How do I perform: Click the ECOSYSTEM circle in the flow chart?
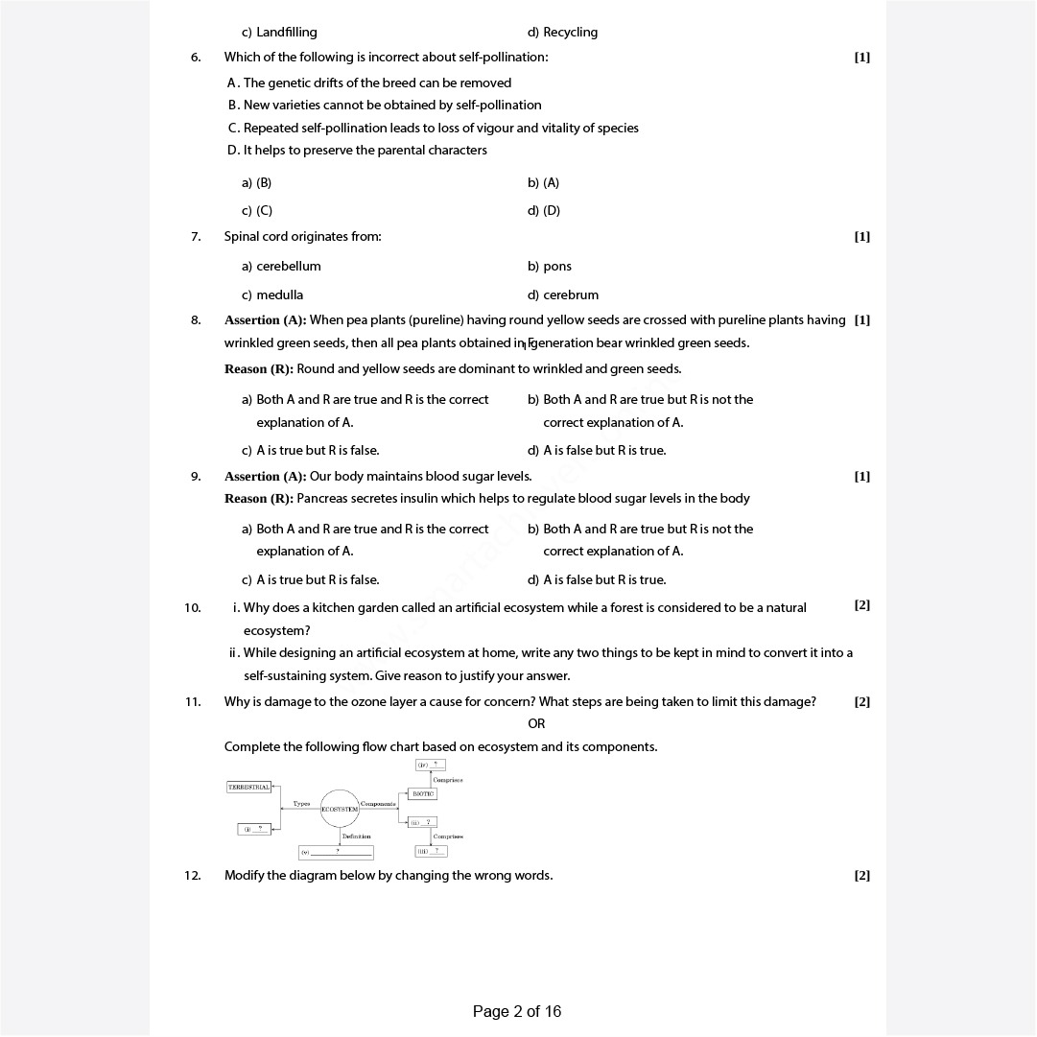click(x=340, y=809)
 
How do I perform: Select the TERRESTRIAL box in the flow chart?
click(x=248, y=787)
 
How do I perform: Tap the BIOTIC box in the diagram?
click(x=422, y=793)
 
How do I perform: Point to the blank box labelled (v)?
click(x=336, y=851)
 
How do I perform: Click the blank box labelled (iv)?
click(x=430, y=765)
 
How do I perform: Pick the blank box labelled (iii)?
click(x=431, y=851)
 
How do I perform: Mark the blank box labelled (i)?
click(x=254, y=829)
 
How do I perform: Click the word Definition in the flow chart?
click(x=356, y=837)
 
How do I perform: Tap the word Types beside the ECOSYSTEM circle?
click(x=301, y=804)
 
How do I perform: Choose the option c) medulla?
click(x=272, y=295)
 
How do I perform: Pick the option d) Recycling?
click(x=562, y=32)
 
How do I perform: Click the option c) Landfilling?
click(x=279, y=32)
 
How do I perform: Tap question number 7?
click(x=196, y=237)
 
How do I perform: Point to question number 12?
click(x=193, y=875)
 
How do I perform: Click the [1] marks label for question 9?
click(x=861, y=476)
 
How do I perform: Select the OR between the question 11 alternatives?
click(x=536, y=724)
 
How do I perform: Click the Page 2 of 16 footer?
click(x=517, y=1011)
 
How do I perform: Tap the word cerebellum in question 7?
click(x=289, y=266)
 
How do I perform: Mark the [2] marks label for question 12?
click(x=861, y=875)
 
